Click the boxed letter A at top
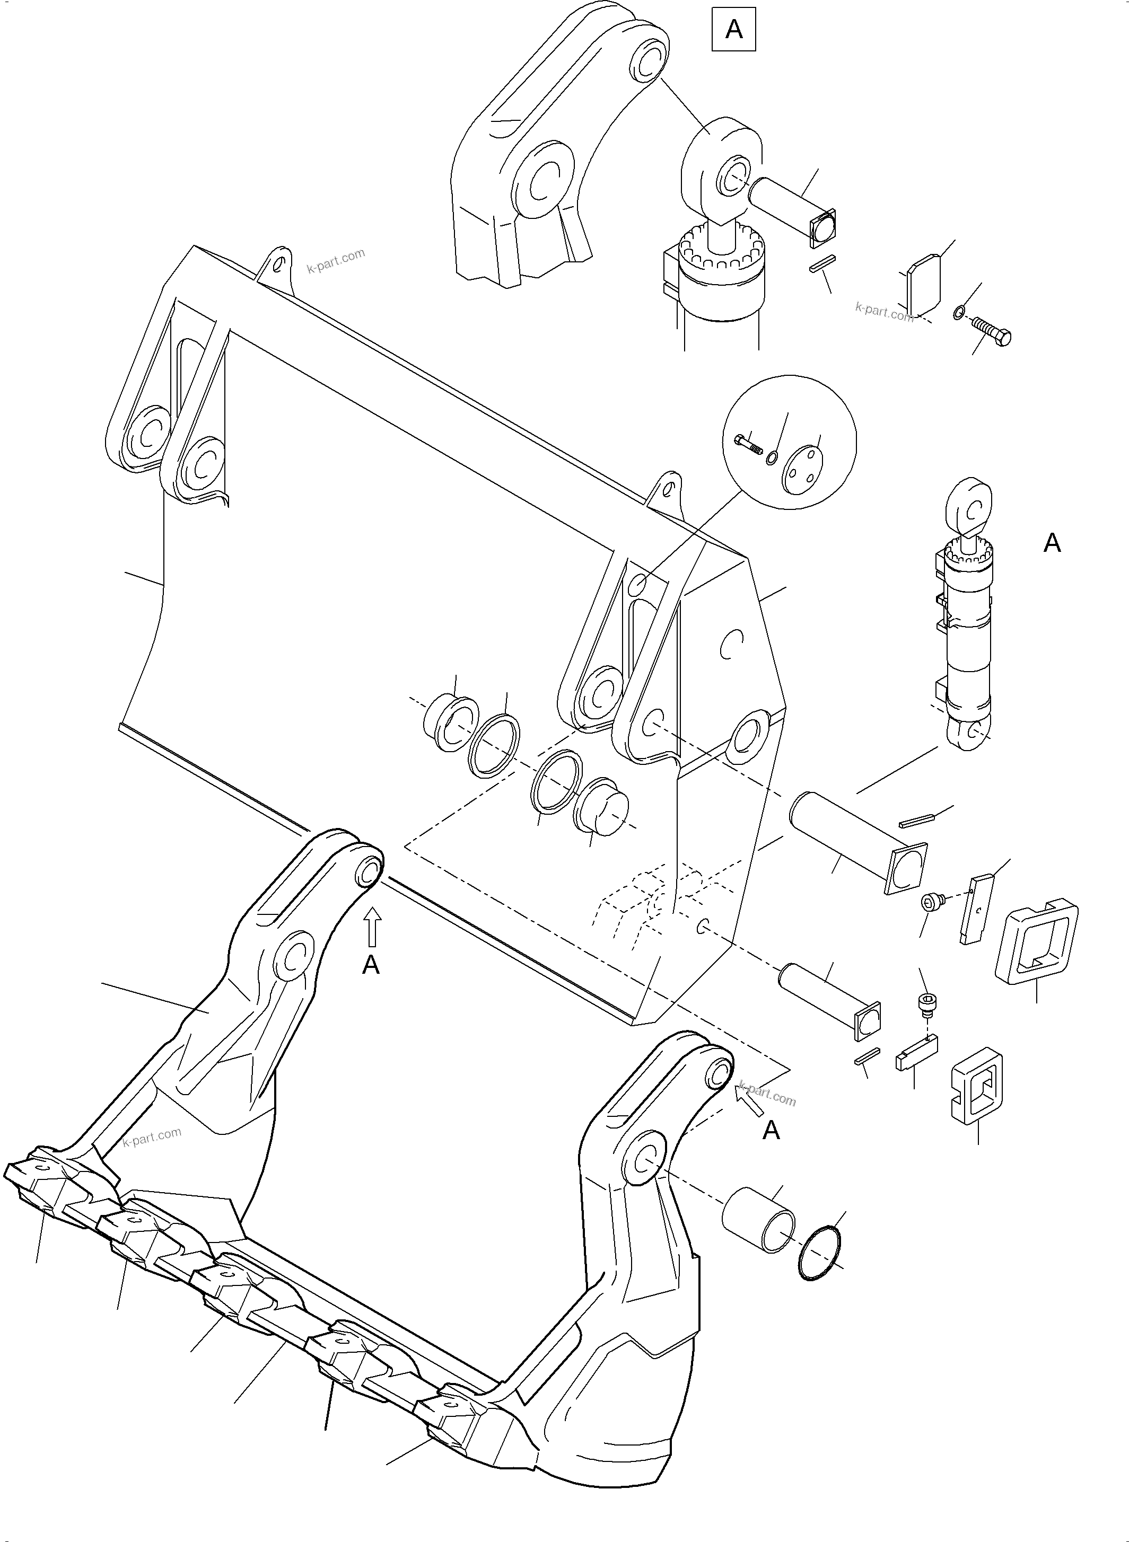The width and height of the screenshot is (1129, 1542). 734,29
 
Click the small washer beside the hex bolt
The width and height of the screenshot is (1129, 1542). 959,313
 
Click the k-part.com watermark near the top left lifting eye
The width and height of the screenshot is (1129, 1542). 336,260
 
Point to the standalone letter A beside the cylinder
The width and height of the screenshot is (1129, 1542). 1052,543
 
